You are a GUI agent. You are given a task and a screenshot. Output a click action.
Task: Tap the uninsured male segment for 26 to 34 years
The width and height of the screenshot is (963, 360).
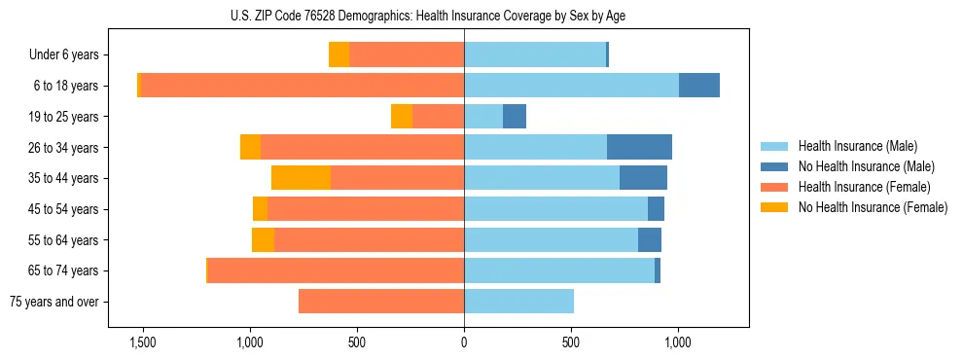point(639,147)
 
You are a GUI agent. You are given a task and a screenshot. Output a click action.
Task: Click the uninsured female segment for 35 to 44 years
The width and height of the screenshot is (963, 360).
point(301,178)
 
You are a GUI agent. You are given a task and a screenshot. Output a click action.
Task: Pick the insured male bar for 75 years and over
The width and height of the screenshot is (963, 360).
point(518,302)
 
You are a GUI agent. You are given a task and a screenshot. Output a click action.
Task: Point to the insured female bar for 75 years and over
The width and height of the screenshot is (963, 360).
point(381,302)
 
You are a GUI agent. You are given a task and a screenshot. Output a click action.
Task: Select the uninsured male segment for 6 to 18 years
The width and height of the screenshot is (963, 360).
point(698,86)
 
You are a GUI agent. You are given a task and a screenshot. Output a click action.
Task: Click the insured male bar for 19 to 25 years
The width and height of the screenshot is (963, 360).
point(483,117)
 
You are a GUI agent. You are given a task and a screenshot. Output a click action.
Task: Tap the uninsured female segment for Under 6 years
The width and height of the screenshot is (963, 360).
point(339,54)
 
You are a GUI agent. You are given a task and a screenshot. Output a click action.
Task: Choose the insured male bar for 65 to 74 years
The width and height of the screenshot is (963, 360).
point(559,270)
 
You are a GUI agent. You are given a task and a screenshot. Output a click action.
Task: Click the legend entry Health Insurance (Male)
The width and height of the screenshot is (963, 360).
point(857,146)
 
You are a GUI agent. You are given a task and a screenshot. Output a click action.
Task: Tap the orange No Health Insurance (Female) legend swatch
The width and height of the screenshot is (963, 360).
point(774,207)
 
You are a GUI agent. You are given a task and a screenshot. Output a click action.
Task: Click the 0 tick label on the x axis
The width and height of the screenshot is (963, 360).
point(464,343)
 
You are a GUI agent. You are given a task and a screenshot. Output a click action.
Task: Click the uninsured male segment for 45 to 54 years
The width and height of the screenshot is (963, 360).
point(656,209)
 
